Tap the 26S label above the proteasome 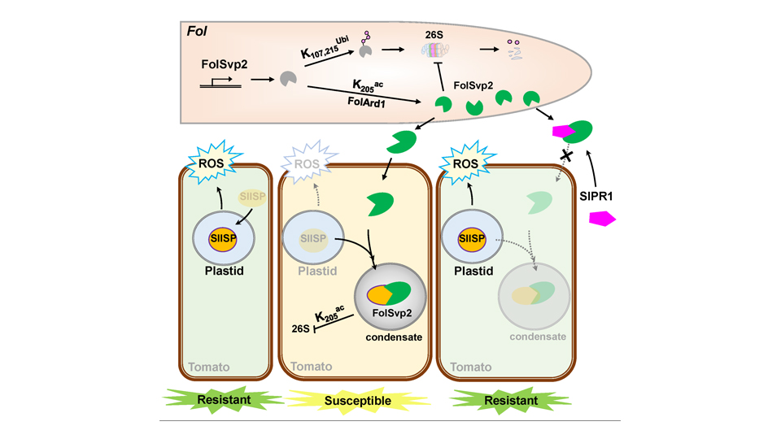click(x=433, y=35)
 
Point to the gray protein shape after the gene click(x=288, y=79)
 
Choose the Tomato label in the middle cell click(x=309, y=366)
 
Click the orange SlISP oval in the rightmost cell click(x=471, y=238)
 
